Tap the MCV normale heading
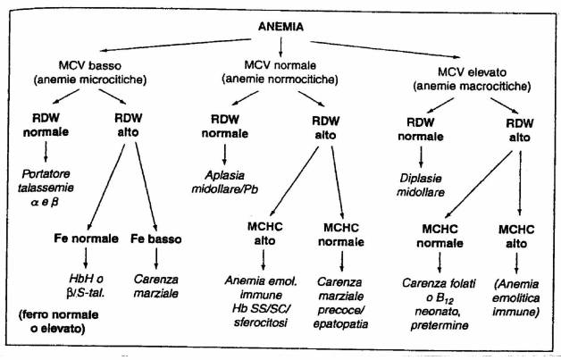tap(280, 66)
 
